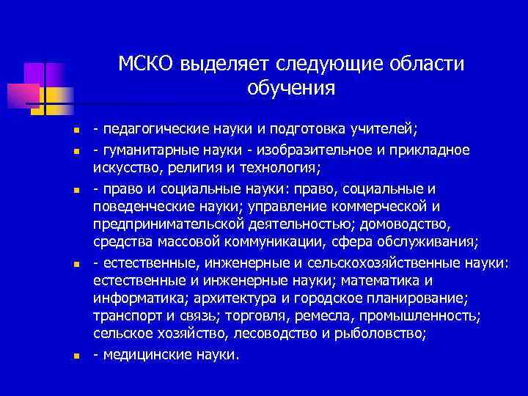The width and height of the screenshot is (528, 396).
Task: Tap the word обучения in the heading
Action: coord(291,89)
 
